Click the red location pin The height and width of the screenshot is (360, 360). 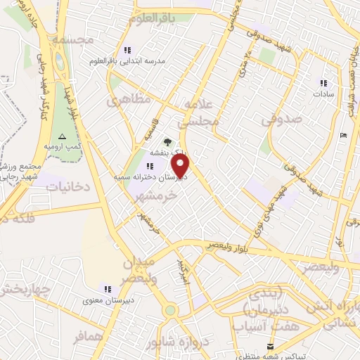pos(181,167)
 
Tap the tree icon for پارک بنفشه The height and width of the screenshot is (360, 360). pos(167,142)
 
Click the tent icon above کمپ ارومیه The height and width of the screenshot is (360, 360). pos(62,136)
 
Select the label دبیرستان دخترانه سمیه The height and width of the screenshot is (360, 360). pos(144,179)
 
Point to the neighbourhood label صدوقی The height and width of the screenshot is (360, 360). pos(282,120)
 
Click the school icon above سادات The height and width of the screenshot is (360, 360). pos(323,82)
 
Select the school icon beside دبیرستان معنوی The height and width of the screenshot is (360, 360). pos(108,288)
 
